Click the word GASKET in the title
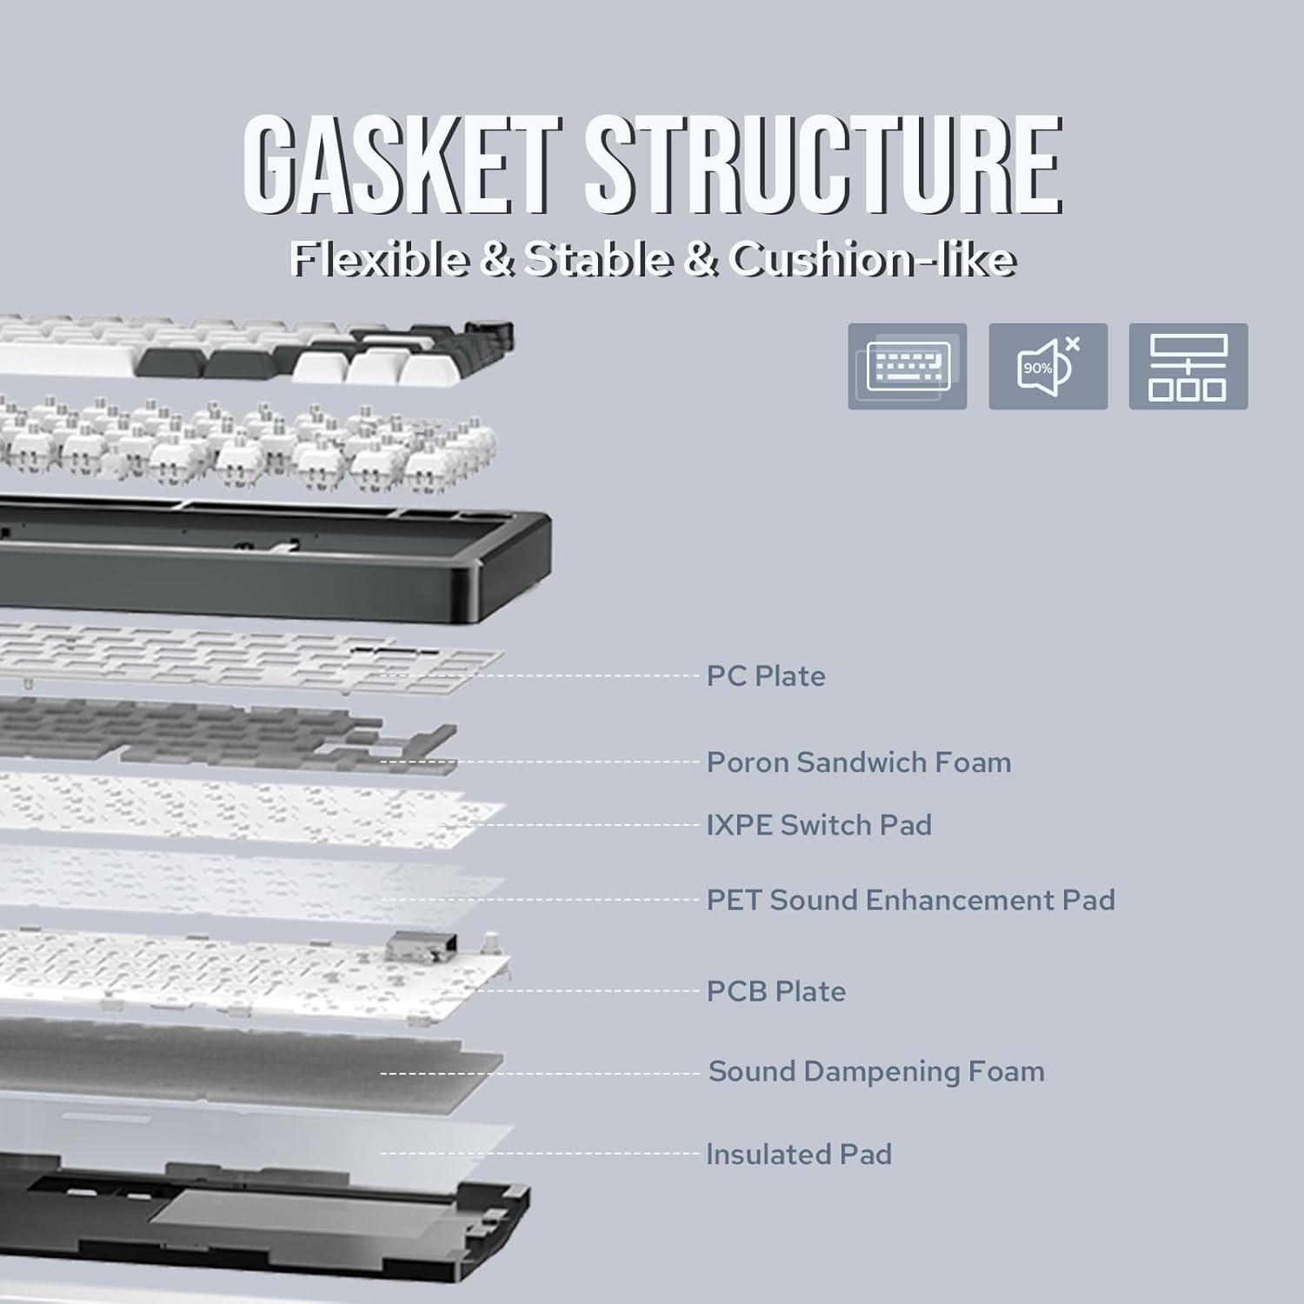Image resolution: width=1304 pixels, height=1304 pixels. pos(401,165)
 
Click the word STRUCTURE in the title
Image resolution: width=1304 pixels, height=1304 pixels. pos(822,165)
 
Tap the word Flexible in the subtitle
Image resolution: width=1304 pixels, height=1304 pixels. pos(378,259)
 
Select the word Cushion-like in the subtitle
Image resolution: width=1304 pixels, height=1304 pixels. pos(872,259)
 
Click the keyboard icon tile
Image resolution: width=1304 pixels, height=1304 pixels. pos(907,366)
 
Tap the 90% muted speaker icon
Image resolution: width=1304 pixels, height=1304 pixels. pos(1048,366)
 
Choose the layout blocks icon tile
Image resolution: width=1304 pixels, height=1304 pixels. pos(1188,366)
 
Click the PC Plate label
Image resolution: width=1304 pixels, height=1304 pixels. pos(765,675)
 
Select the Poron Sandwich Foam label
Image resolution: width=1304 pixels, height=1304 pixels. pos(858,762)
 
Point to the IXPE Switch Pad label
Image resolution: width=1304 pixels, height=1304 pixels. pos(818,825)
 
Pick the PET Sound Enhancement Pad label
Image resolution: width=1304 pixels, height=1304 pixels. pos(910,900)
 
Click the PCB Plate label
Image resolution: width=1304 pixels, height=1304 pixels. pos(775,991)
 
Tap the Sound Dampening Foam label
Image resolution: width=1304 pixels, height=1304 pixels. pos(876,1071)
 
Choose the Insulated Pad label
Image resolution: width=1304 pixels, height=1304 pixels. pos(799,1154)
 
